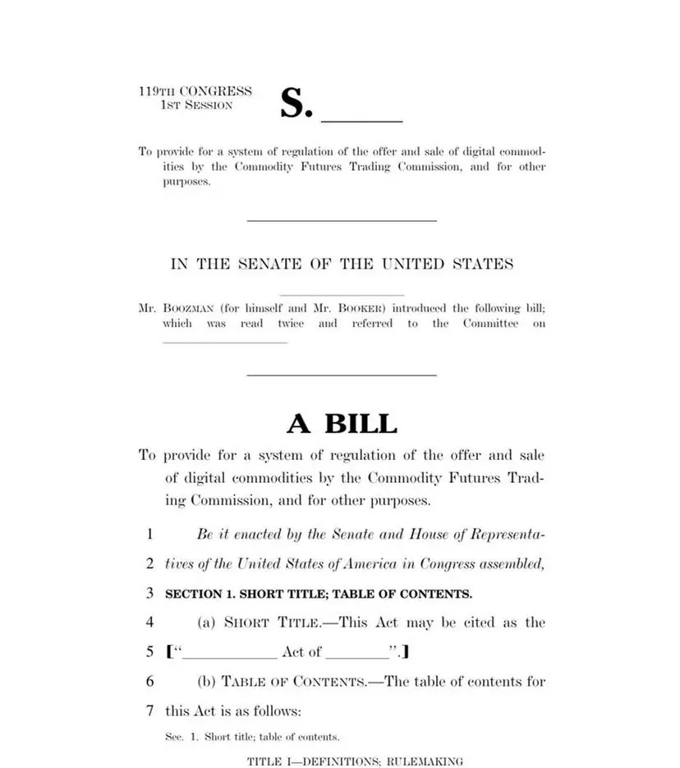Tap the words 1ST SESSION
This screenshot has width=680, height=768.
coord(197,105)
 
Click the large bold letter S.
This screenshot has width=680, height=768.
coord(292,103)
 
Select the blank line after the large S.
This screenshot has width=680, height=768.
coord(361,121)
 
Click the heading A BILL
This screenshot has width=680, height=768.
coord(342,424)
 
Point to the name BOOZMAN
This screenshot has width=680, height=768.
coord(188,309)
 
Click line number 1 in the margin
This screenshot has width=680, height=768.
coord(149,534)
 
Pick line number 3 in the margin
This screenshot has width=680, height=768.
coord(149,593)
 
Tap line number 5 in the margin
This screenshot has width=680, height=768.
coord(149,652)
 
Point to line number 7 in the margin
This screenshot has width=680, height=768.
coord(149,711)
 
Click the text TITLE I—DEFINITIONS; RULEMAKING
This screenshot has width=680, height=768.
coord(355,761)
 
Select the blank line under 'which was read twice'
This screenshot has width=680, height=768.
coord(226,341)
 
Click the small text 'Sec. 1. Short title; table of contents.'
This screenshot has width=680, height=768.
coord(252,737)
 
